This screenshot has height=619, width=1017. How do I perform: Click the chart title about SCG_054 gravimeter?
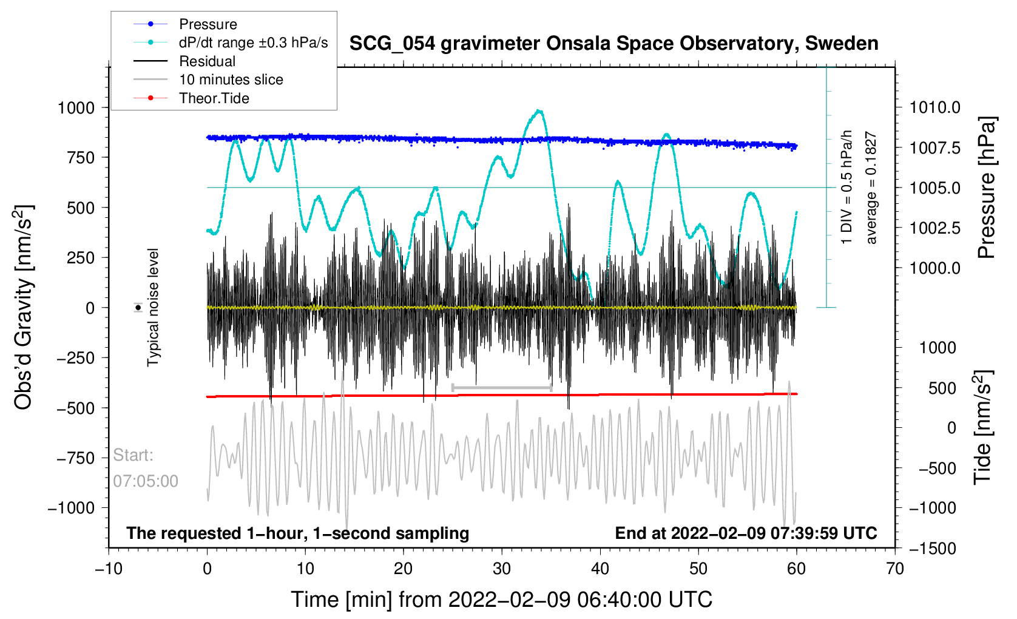pos(613,44)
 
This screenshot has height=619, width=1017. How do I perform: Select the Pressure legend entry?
pos(208,24)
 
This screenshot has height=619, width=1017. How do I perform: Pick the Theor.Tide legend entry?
pos(214,98)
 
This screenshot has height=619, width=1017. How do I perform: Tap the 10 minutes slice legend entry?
pos(231,79)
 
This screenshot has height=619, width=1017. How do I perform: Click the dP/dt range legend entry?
pos(253,42)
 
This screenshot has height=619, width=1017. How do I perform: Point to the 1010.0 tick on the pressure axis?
pos(934,108)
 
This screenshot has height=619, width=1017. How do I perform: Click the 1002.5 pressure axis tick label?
pos(934,228)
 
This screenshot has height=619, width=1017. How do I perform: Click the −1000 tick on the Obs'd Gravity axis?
pos(72,508)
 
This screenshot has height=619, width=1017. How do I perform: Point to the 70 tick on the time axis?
pos(895,569)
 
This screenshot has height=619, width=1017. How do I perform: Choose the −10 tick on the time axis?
pos(109,569)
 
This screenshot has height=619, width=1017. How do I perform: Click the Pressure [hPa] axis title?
pos(987,188)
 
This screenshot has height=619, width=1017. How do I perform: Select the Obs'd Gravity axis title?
pos(24,308)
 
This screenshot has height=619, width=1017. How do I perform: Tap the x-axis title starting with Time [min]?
pos(501,600)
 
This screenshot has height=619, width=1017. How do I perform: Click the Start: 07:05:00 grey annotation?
pos(145,468)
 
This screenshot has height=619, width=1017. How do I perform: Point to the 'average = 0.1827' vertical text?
pos(871,188)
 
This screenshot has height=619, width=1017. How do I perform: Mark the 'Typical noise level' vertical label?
pos(153,307)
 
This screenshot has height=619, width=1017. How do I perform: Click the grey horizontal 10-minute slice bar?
pos(502,388)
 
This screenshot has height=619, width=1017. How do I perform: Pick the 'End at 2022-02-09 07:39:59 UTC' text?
pos(746,533)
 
